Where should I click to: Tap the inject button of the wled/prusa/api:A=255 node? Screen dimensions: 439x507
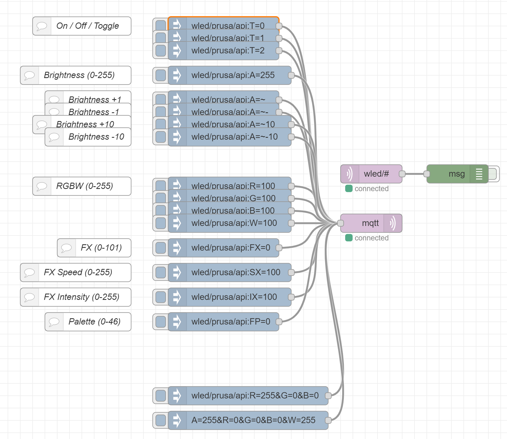point(160,75)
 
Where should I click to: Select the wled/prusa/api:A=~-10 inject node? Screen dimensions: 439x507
point(234,137)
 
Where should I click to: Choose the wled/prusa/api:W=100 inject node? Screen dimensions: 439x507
point(234,223)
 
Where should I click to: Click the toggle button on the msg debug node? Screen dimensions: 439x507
point(493,174)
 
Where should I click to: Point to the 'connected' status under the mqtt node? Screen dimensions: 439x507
point(371,238)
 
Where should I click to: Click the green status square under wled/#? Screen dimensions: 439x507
point(348,188)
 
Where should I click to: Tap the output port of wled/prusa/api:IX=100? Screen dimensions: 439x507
point(291,297)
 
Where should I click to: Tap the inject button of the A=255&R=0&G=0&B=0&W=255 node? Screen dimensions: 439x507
point(160,420)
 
